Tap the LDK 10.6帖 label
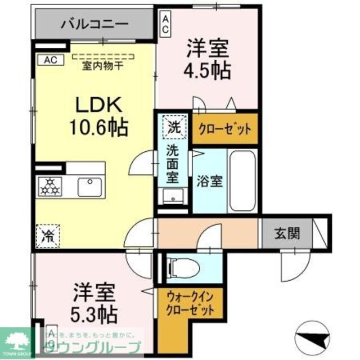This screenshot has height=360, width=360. pyautogui.click(x=95, y=115)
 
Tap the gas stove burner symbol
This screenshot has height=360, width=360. pyautogui.click(x=49, y=186)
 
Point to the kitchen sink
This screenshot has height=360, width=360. pyautogui.click(x=89, y=186)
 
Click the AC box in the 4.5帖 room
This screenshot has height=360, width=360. pyautogui.click(x=166, y=25)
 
